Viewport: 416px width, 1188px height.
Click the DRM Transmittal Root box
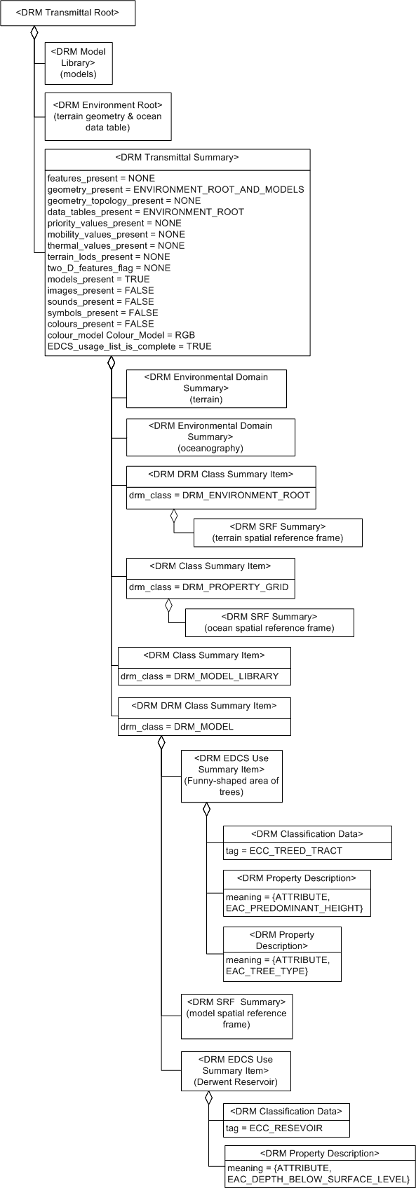click(67, 13)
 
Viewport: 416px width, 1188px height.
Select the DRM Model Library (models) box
click(79, 63)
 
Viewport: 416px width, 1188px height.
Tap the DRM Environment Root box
click(107, 116)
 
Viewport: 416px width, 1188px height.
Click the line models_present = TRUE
click(98, 279)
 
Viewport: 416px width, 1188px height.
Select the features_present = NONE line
click(101, 178)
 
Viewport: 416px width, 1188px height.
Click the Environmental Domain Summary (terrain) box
click(206, 388)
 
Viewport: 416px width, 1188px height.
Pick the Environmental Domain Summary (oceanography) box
click(210, 437)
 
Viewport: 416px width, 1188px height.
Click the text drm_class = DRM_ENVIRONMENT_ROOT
click(219, 495)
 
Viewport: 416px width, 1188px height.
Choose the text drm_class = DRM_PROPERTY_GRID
click(208, 587)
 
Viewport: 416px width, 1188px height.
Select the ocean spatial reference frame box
click(269, 622)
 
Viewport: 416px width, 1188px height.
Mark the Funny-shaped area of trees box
click(231, 775)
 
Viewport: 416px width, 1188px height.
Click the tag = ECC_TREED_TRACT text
click(284, 850)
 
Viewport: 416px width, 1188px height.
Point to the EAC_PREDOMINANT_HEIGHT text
click(294, 908)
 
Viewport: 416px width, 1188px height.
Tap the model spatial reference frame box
click(236, 1016)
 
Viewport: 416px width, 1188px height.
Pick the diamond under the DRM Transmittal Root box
click(34, 32)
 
